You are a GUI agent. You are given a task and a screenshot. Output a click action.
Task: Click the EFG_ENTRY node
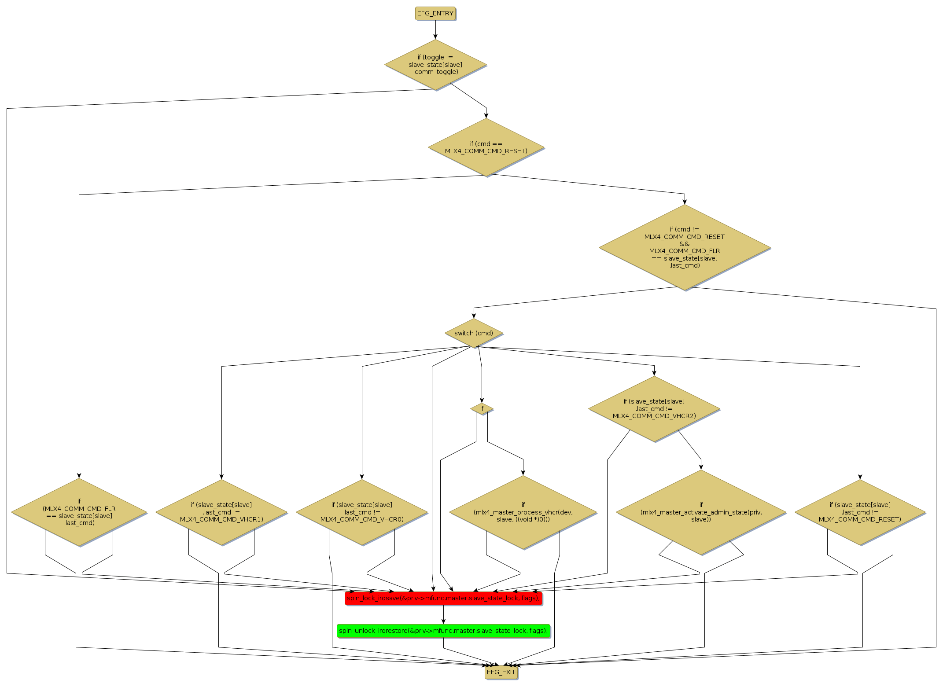click(x=435, y=13)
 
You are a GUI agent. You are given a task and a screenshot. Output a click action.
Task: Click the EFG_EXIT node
click(x=501, y=672)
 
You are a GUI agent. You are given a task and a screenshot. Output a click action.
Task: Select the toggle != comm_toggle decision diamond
click(x=435, y=65)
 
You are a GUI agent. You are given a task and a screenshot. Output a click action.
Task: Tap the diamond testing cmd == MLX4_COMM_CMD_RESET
click(x=486, y=147)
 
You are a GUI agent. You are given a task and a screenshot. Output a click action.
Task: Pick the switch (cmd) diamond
click(x=474, y=333)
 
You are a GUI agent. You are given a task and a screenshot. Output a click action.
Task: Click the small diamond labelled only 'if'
click(x=482, y=409)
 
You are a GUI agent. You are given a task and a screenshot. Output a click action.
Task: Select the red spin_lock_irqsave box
click(x=443, y=598)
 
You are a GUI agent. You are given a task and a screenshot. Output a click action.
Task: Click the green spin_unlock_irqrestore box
click(x=443, y=631)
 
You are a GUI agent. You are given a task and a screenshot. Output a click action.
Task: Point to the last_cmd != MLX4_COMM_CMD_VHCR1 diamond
click(x=221, y=512)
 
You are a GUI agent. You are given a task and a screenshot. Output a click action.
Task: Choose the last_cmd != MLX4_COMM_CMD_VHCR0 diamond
click(x=362, y=512)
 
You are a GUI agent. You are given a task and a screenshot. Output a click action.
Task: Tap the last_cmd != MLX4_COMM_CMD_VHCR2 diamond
click(x=654, y=409)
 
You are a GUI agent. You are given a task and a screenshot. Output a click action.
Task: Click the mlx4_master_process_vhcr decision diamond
click(x=523, y=512)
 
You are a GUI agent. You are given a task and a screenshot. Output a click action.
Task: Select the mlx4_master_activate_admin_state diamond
click(x=701, y=512)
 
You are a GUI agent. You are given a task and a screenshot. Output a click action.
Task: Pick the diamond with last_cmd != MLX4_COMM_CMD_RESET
click(x=860, y=512)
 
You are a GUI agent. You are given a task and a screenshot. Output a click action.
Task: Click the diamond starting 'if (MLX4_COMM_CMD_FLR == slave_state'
click(x=79, y=512)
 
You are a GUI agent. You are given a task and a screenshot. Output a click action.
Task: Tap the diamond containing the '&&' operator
click(x=685, y=247)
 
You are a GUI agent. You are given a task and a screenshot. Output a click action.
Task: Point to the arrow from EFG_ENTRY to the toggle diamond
click(x=435, y=30)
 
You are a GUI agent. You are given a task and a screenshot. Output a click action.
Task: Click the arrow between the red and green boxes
click(x=443, y=614)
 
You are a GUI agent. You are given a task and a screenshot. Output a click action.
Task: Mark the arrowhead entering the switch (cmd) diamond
click(x=474, y=315)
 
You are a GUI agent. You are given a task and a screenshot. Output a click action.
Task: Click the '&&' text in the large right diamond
click(x=685, y=244)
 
